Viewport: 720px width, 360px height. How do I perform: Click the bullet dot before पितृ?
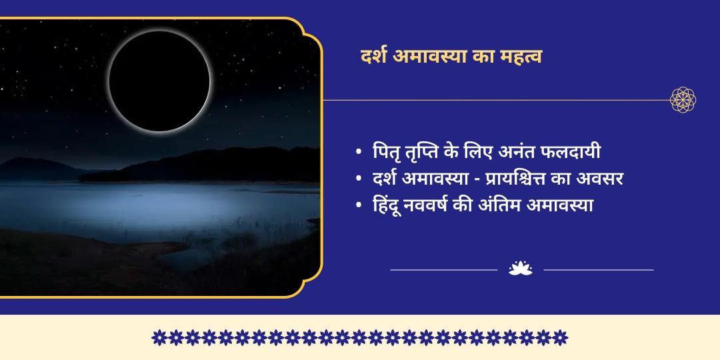(360, 153)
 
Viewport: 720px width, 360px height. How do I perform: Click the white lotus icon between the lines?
(520, 269)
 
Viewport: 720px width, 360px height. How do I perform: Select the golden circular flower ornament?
(683, 100)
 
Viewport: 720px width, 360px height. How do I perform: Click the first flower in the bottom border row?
(159, 337)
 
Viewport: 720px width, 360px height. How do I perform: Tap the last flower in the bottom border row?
(561, 337)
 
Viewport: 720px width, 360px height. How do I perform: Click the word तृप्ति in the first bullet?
(427, 152)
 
